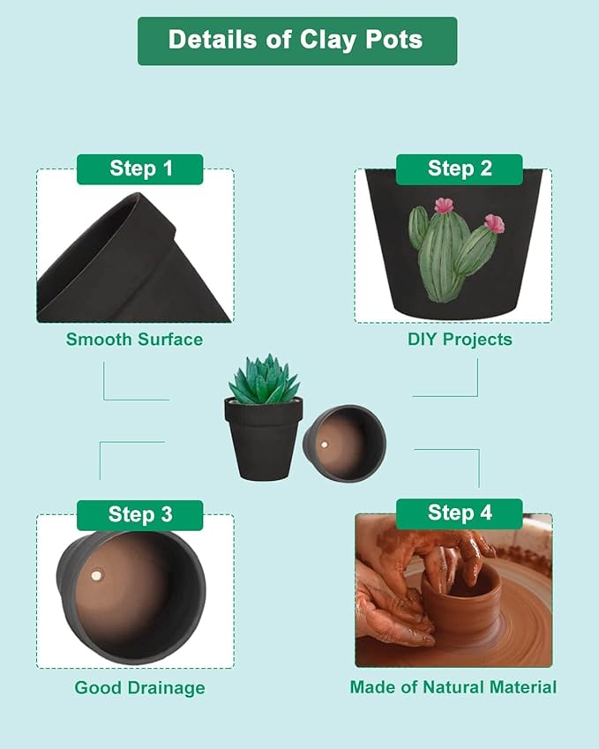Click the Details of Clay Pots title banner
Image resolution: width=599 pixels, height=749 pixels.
(296, 41)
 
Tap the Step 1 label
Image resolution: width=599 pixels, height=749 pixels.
(140, 169)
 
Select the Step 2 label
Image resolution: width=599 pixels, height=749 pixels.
(459, 169)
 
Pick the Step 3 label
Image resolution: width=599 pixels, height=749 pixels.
(140, 514)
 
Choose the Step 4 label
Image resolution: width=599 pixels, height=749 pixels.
(459, 513)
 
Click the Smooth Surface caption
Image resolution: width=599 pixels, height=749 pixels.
(134, 340)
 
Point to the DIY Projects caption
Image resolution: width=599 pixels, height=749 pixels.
(459, 340)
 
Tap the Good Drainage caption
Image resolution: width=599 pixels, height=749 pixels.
(139, 688)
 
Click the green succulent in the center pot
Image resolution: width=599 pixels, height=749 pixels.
(264, 381)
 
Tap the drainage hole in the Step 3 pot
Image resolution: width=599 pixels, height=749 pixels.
(96, 576)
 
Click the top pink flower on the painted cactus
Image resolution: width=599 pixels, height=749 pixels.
(444, 206)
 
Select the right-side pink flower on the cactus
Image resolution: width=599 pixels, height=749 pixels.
(494, 224)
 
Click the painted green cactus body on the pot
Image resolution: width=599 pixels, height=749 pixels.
(446, 256)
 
